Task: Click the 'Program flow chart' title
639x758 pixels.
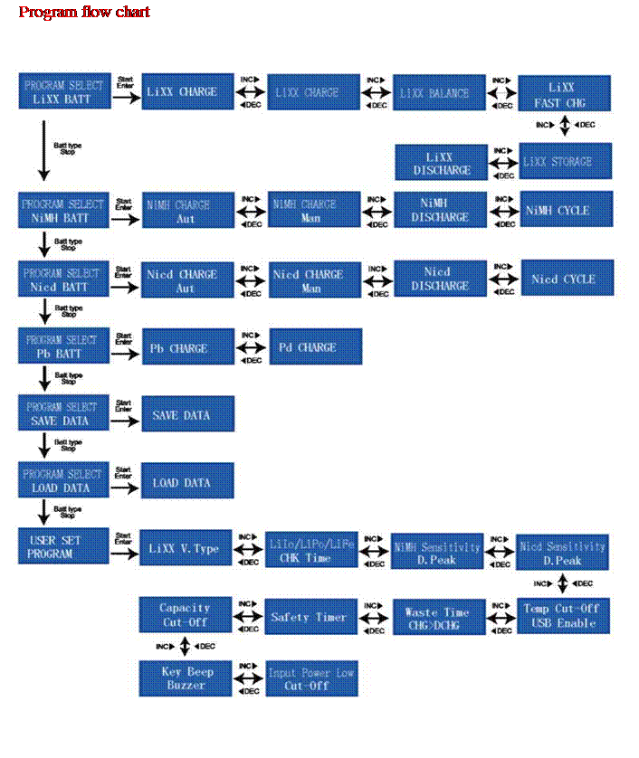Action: [x=85, y=13]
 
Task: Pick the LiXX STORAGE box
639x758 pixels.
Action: [x=566, y=161]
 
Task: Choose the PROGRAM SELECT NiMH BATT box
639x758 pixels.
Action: [x=62, y=211]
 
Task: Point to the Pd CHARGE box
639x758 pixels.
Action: [x=315, y=347]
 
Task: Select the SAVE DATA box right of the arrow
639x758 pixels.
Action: [x=187, y=415]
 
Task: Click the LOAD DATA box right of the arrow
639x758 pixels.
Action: [x=187, y=482]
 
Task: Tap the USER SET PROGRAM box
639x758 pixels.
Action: [x=62, y=546]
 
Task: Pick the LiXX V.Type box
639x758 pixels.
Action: [x=187, y=548]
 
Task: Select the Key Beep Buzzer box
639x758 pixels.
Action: [x=185, y=678]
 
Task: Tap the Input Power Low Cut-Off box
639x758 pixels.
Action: [x=311, y=679]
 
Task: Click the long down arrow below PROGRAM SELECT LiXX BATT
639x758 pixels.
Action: [x=43, y=151]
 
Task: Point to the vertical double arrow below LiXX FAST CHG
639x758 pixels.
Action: [x=565, y=124]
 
